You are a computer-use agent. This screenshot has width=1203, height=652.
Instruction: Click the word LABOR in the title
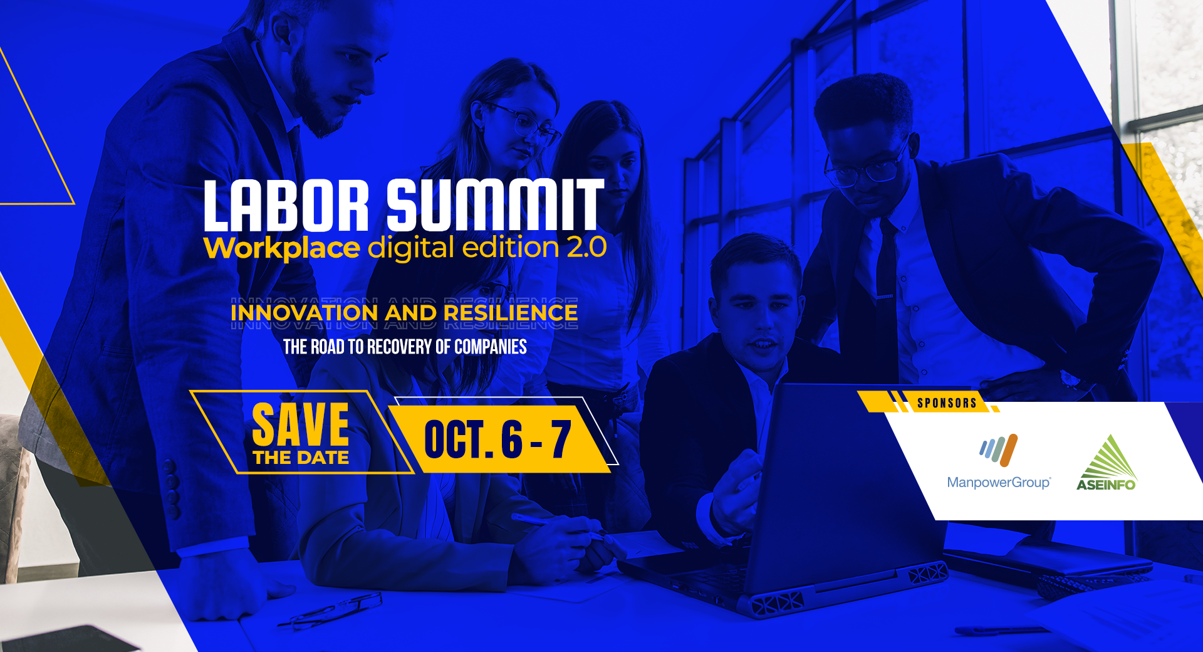tap(286, 206)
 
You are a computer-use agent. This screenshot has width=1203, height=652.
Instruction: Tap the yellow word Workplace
tap(282, 248)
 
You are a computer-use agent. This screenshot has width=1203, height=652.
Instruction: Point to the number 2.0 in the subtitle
tap(587, 247)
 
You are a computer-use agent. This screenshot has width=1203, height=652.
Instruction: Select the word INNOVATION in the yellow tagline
tap(304, 312)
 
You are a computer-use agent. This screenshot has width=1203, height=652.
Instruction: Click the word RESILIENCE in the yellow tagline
tap(511, 312)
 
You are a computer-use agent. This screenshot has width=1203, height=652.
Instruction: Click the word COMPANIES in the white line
tap(491, 347)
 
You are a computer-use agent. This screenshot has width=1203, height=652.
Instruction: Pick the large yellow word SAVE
tap(300, 424)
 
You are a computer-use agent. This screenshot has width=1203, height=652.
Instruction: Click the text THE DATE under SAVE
tap(301, 458)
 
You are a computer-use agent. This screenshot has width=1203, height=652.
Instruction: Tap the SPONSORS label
tap(947, 403)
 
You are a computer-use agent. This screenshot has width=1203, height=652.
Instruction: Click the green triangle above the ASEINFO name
tap(1110, 456)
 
